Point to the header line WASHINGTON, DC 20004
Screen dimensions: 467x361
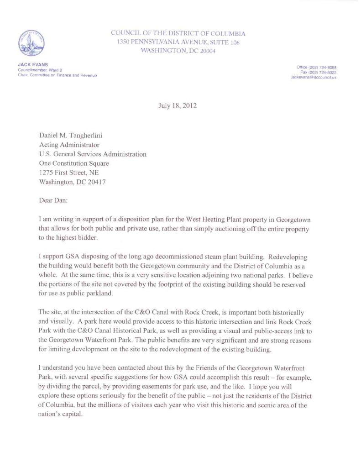tap(178, 51)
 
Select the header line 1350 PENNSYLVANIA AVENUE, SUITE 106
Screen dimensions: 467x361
tap(178, 42)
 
